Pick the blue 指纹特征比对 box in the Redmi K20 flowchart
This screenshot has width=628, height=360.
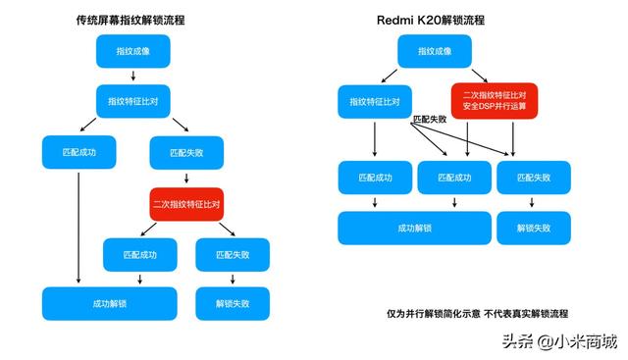tap(374, 102)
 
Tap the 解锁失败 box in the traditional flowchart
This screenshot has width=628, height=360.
tap(233, 303)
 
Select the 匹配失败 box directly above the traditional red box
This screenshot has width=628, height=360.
tap(186, 153)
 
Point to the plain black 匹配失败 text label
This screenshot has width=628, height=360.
tap(430, 119)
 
